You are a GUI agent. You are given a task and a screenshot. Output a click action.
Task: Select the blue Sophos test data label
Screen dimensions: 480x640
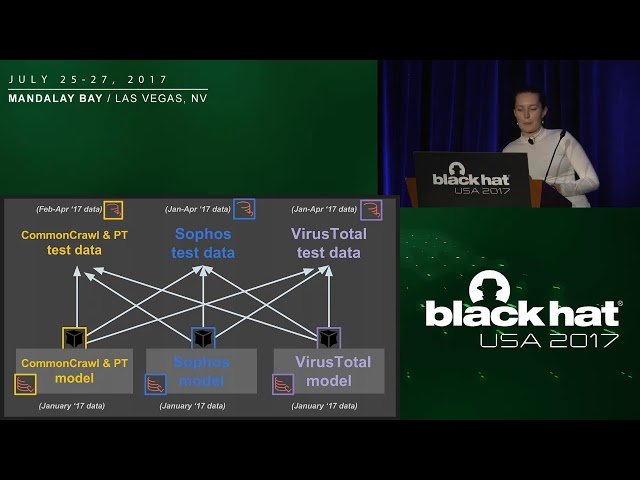pyautogui.click(x=203, y=243)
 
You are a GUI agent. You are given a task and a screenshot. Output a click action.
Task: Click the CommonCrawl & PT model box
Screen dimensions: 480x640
pyautogui.click(x=74, y=370)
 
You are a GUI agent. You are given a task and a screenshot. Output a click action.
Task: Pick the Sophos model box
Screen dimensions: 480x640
pyautogui.click(x=201, y=370)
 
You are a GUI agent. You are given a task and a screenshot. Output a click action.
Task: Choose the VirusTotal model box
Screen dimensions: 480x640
pyautogui.click(x=329, y=370)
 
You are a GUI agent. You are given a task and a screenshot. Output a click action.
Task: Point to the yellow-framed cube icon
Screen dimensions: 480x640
pyautogui.click(x=75, y=338)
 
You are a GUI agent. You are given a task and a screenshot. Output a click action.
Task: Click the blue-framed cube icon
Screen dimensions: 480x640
pyautogui.click(x=203, y=338)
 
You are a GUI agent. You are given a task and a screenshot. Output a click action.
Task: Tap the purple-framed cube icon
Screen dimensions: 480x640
pyautogui.click(x=329, y=338)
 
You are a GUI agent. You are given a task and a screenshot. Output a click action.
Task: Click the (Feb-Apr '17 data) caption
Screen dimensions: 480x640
pyautogui.click(x=67, y=209)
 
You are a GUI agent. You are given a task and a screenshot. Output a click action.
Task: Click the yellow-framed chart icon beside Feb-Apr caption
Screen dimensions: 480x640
pyautogui.click(x=114, y=209)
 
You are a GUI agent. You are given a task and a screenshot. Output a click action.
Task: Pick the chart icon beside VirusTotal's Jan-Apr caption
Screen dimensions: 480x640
pyautogui.click(x=371, y=209)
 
